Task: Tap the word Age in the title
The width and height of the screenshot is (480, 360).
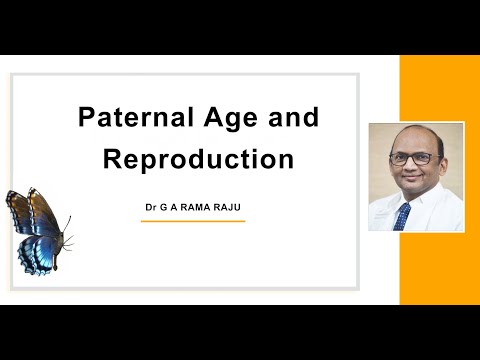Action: (x=225, y=118)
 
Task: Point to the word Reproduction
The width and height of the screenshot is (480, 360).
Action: (x=198, y=159)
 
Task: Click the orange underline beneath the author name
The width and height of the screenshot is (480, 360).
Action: (x=192, y=221)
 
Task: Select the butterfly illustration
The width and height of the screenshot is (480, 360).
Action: (x=37, y=230)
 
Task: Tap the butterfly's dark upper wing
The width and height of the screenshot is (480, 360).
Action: (x=26, y=211)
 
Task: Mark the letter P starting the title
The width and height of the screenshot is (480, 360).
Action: (x=87, y=118)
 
